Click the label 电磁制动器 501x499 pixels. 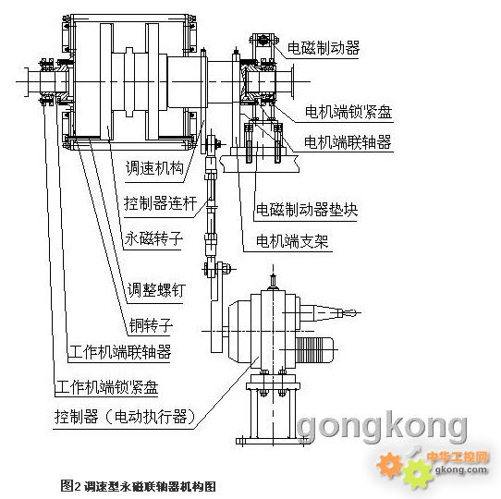tap(324, 48)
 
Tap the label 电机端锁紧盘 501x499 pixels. tap(348, 112)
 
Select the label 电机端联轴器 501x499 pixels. tap(348, 141)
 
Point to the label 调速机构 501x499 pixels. tap(154, 168)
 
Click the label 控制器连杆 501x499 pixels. tap(161, 203)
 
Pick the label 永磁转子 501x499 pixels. tap(153, 238)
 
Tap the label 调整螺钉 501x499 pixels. tap(156, 290)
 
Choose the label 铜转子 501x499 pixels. tap(151, 326)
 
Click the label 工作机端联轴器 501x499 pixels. tap(120, 352)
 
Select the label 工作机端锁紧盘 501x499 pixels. tap(106, 387)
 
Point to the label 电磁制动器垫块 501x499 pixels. tap(307, 210)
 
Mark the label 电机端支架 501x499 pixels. tap(292, 241)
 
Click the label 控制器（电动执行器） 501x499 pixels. tap(125, 417)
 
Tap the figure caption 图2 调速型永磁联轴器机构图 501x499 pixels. tap(138, 487)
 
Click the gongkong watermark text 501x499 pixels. tap(382, 425)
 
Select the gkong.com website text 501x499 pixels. tap(461, 469)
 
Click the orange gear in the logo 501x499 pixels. tap(389, 465)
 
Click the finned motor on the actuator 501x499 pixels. tap(314, 350)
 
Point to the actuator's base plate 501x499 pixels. tap(273, 441)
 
